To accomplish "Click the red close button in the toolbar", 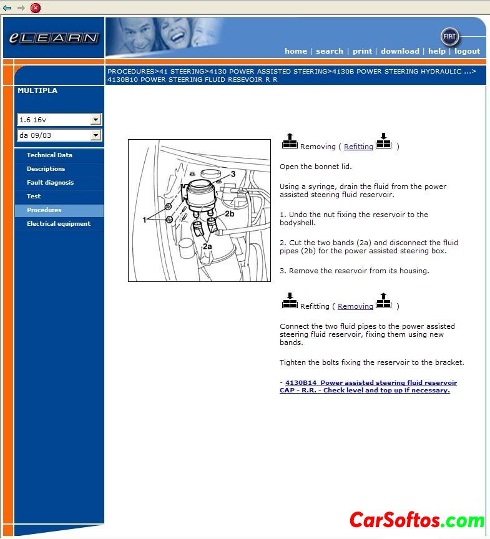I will coord(36,7).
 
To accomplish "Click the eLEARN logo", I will coord(54,37).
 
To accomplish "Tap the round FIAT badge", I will coord(449,37).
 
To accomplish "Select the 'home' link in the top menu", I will coord(295,51).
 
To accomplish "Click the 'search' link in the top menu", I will coord(329,51).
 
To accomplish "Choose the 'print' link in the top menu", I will coord(362,51).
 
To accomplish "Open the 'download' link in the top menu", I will coord(399,51).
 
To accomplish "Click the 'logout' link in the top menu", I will coord(467,51).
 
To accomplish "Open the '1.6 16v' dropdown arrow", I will coord(96,120).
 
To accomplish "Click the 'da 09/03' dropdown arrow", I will coord(96,135).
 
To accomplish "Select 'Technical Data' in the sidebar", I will coord(49,155).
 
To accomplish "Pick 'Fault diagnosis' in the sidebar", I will coord(50,183).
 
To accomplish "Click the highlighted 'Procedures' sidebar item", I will coord(44,210).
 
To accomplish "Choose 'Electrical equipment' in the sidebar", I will coord(58,224).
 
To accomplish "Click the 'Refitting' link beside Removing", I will coord(358,147).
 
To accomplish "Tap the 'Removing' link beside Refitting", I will coord(355,306).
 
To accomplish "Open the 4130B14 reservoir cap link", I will coord(368,386).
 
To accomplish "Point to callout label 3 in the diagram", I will coord(233,174).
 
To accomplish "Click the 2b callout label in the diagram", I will coord(229,214).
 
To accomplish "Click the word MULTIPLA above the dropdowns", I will coord(37,90).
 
